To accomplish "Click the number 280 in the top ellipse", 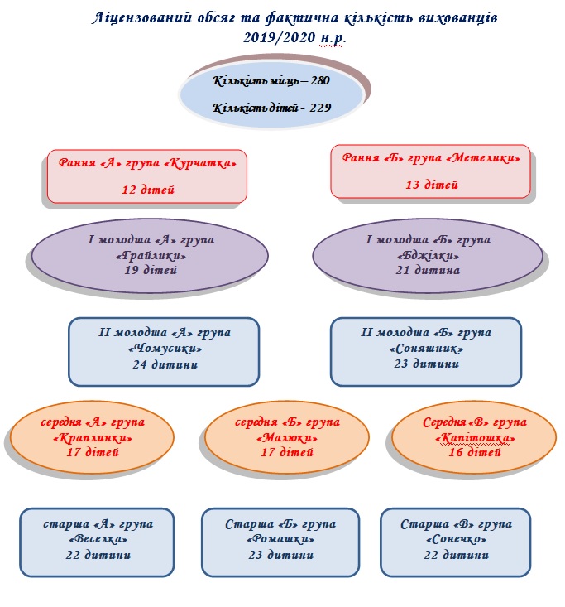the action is (x=320, y=80).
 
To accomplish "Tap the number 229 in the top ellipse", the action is (x=320, y=108).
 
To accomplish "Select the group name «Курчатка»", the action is (x=200, y=163).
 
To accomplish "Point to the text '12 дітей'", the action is (x=148, y=190).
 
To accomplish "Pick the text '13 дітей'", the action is (x=432, y=185).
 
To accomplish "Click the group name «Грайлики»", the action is (x=151, y=256).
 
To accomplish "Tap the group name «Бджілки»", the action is (x=429, y=256).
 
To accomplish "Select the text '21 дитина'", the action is (x=428, y=270).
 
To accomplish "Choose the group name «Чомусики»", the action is (x=165, y=349).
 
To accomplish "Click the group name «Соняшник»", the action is (x=427, y=349).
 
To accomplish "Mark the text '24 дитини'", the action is (x=165, y=364).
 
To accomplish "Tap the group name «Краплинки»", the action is (x=93, y=438).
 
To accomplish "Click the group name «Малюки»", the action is (x=287, y=438).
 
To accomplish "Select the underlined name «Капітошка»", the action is (x=475, y=438).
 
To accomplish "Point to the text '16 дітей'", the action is (x=475, y=452).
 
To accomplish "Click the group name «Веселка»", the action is (x=98, y=539).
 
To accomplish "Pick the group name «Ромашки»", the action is (x=280, y=539).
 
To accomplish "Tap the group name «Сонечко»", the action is (x=456, y=539).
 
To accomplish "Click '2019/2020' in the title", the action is (x=280, y=37).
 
